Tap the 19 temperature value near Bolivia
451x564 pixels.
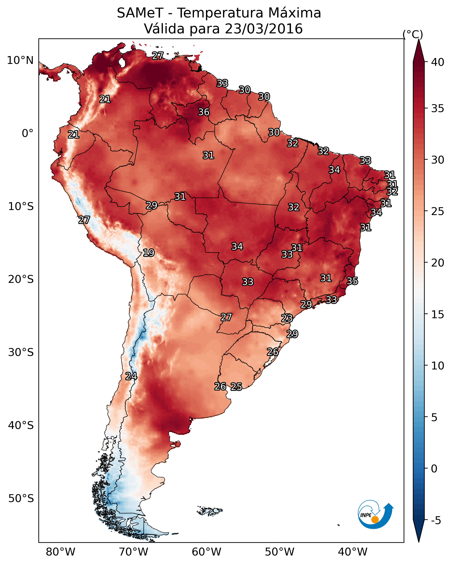[149, 253]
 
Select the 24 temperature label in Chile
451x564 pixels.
[131, 376]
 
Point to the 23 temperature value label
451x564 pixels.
[287, 318]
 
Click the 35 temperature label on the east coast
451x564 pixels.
[352, 281]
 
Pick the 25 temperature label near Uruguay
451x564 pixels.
[236, 387]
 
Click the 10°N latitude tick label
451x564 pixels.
[20, 60]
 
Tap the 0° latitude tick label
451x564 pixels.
[28, 133]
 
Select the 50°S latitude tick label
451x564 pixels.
[21, 499]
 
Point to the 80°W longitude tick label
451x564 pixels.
[60, 552]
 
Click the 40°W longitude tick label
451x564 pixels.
[353, 552]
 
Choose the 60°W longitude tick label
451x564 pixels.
[207, 552]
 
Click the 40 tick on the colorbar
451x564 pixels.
[438, 62]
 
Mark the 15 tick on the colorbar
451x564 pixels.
[438, 314]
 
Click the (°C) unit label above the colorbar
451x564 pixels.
[413, 34]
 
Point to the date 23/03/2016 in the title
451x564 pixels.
[264, 29]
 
